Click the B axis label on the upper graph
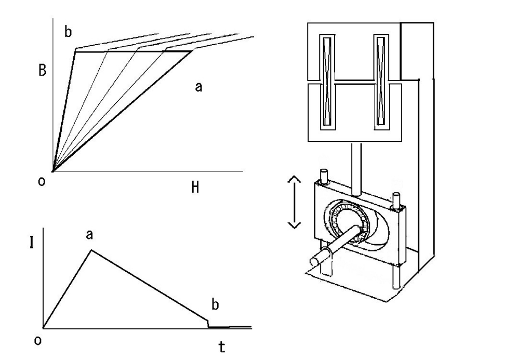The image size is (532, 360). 43,70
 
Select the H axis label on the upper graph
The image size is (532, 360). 195,187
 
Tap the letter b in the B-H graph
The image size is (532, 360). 68,32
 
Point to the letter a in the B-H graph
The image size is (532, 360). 199,87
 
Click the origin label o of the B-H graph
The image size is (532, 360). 42,181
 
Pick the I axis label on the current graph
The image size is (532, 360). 32,243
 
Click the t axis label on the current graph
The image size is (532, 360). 221,347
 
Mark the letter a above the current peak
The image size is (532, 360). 89,234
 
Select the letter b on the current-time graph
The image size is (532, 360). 215,304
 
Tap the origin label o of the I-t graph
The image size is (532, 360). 38,340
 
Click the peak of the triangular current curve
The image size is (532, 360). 91,250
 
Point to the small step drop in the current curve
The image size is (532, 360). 208,323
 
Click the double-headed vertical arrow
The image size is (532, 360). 294,202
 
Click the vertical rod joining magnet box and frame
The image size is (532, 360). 356,169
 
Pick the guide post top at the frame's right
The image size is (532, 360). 396,196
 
